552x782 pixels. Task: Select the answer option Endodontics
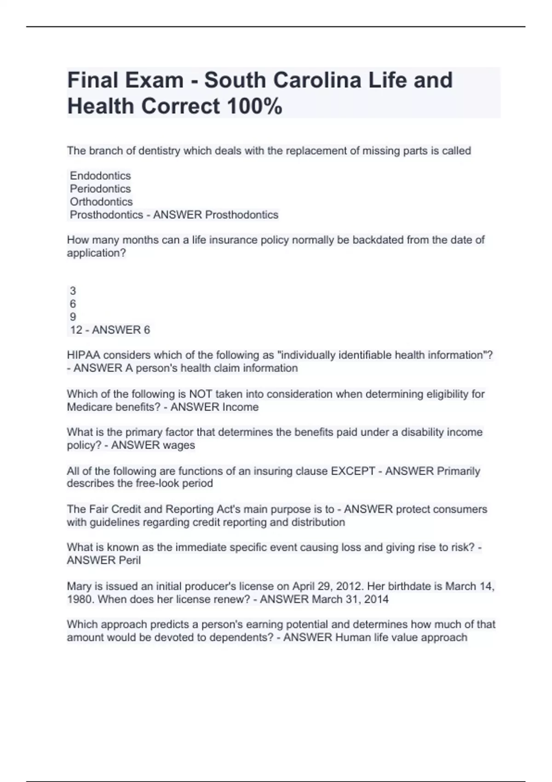100,176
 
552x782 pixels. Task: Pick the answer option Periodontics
100,189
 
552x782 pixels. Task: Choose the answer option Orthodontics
101,201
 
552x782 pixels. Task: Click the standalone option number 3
73,291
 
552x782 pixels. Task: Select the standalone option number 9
73,317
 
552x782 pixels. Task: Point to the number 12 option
76,330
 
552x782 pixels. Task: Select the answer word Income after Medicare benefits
240,407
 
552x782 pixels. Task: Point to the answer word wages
178,445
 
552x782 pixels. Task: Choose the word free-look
157,483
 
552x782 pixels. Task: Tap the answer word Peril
130,560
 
